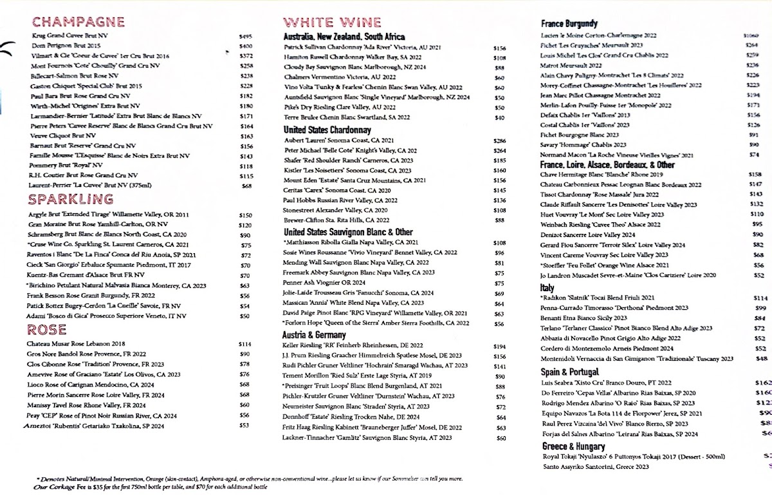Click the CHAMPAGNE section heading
coord(78,22)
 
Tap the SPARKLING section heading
coord(72,199)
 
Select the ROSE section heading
coord(46,330)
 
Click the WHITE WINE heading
coord(333,23)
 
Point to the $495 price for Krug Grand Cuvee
coord(245,37)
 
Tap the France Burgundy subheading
coord(569,24)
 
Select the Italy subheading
coord(547,288)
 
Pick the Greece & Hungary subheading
coord(573,446)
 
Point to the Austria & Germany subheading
coord(315,334)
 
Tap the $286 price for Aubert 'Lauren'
coord(499,140)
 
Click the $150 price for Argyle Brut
coord(245,215)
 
